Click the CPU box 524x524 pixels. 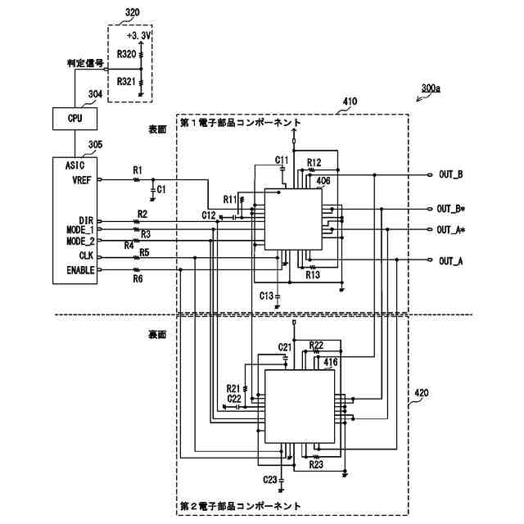(75, 119)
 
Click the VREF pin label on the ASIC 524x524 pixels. (82, 180)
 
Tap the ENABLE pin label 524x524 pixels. (80, 270)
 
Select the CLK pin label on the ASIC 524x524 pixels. (86, 255)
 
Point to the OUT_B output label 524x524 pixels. (451, 174)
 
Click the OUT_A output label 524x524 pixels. (451, 261)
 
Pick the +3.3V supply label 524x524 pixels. (139, 35)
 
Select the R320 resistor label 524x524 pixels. (126, 54)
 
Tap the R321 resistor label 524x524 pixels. (126, 82)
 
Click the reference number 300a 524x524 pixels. (431, 88)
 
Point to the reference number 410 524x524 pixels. (350, 102)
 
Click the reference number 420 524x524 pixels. (422, 393)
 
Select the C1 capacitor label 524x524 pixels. (161, 189)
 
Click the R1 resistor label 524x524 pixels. (138, 170)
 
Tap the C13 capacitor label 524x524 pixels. (266, 296)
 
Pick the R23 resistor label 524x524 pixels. (316, 464)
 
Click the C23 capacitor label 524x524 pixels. (270, 480)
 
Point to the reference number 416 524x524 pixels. (331, 362)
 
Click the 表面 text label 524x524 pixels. (157, 129)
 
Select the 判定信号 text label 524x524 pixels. (85, 63)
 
